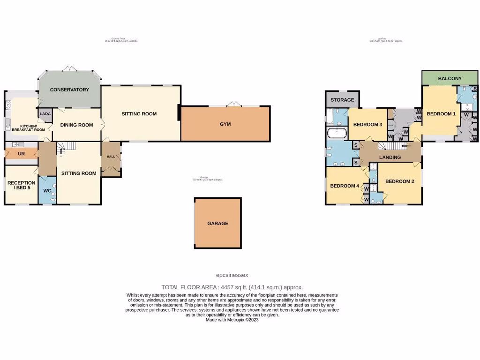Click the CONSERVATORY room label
pyautogui.click(x=69, y=90)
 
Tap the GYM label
pyautogui.click(x=225, y=124)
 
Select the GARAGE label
pyautogui.click(x=217, y=224)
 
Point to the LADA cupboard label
pyautogui.click(x=45, y=114)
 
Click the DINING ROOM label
pyautogui.click(x=76, y=125)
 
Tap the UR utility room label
pyautogui.click(x=21, y=154)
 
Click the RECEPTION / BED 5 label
pyautogui.click(x=21, y=186)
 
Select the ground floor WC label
pyautogui.click(x=47, y=191)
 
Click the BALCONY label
pyautogui.click(x=450, y=79)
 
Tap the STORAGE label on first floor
pyautogui.click(x=342, y=100)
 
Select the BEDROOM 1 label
pyautogui.click(x=441, y=114)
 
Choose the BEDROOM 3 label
pyautogui.click(x=368, y=125)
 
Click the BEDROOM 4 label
pyautogui.click(x=345, y=186)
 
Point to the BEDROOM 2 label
pyautogui.click(x=399, y=182)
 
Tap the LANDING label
pyautogui.click(x=390, y=157)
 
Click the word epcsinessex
pyautogui.click(x=232, y=276)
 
